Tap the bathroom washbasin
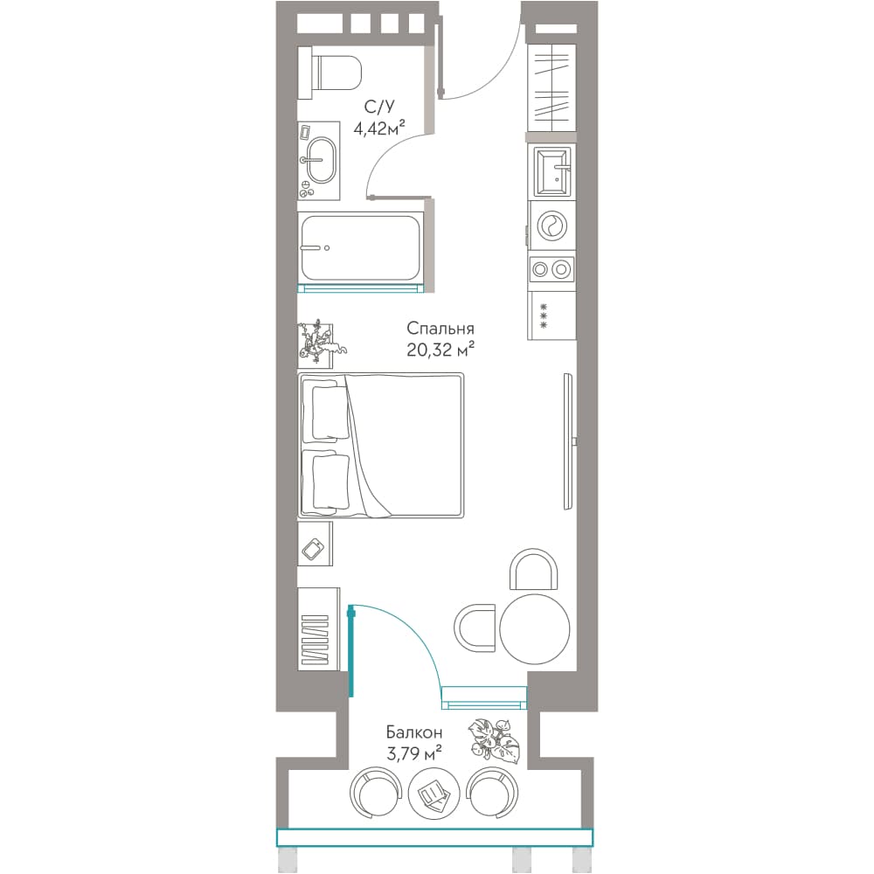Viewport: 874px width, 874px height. [322, 160]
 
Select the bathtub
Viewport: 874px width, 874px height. [360, 248]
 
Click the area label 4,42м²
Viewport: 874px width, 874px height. [379, 128]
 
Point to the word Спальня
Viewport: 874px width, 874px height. [440, 328]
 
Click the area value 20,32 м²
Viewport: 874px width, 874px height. [440, 350]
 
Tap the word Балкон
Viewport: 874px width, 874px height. [414, 732]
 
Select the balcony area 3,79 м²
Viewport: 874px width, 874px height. [414, 753]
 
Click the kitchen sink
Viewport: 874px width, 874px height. [552, 170]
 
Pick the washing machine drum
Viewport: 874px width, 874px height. [552, 225]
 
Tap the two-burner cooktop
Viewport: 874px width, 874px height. [551, 269]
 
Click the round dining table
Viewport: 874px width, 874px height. [535, 628]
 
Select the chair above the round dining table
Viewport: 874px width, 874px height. [533, 569]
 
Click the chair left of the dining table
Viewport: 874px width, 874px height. [475, 627]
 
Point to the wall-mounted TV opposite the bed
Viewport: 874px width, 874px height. [569, 440]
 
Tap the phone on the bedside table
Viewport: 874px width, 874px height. [313, 549]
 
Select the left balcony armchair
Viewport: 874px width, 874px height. [376, 794]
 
